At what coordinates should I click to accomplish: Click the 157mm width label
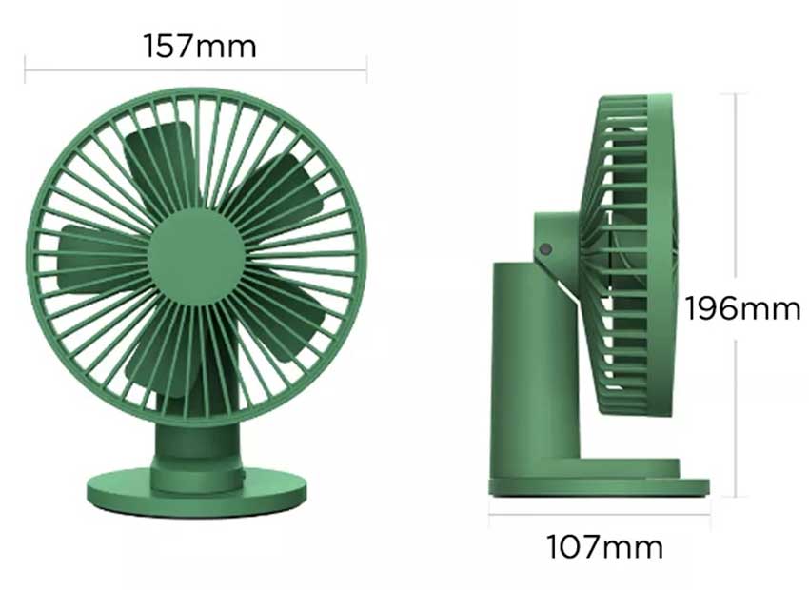click(200, 45)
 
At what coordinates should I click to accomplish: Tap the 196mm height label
click(742, 308)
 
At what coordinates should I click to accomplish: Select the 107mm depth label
click(604, 547)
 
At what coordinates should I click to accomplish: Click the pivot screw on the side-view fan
click(546, 249)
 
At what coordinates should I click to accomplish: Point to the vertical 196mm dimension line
click(735, 190)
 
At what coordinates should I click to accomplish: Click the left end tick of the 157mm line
click(26, 69)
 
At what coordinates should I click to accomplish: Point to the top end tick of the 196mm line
click(735, 93)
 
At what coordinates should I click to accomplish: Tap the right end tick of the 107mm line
click(709, 515)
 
